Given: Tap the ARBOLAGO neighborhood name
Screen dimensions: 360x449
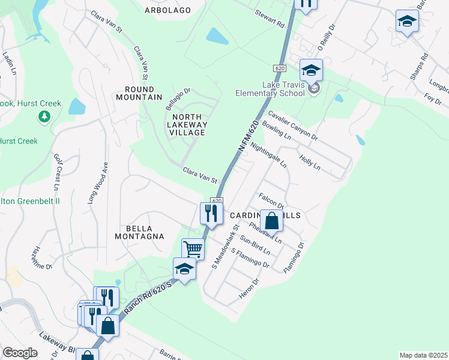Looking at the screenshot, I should [167, 10].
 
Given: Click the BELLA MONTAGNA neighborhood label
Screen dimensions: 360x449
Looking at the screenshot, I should [139, 232].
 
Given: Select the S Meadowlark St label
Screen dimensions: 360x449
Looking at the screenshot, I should [226, 246].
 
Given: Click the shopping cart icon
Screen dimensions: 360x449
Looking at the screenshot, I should [193, 248].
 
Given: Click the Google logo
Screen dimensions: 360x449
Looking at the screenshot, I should [20, 353].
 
